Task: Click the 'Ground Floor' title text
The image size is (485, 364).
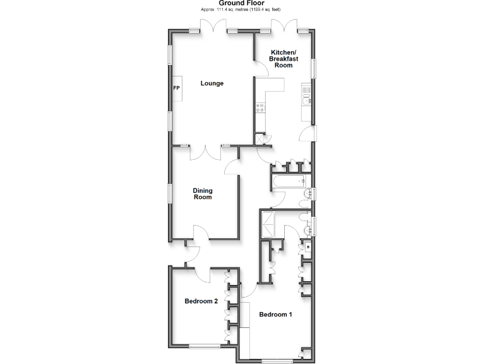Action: click(x=242, y=4)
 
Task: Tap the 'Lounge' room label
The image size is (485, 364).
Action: click(x=212, y=83)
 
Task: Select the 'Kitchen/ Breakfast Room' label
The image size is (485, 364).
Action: click(x=284, y=58)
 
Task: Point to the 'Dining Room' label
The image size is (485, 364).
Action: click(x=202, y=194)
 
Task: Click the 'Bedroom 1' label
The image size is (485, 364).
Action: click(x=275, y=314)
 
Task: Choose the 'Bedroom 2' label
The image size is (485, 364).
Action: click(x=201, y=301)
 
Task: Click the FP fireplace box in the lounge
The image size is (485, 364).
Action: click(x=177, y=88)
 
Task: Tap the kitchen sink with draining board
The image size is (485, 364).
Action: click(x=308, y=100)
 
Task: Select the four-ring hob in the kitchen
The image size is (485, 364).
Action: click(x=260, y=108)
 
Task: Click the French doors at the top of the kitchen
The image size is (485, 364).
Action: click(x=282, y=27)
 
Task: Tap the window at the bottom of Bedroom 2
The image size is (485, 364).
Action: click(x=203, y=346)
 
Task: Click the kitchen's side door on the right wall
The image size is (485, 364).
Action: click(x=308, y=134)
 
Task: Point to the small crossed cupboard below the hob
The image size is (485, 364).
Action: click(x=259, y=138)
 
